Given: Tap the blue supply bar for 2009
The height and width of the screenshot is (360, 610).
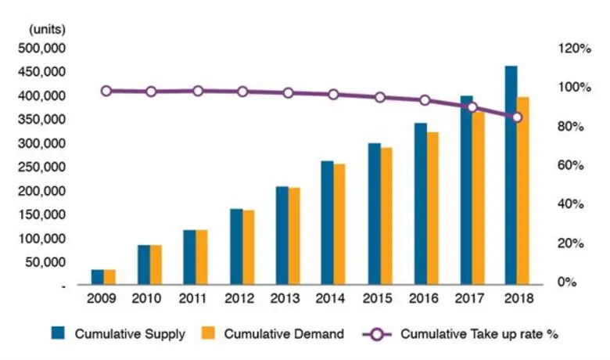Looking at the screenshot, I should [98, 277].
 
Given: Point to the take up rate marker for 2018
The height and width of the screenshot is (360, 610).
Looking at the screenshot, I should [516, 117].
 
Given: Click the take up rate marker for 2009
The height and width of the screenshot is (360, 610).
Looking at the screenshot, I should [106, 91].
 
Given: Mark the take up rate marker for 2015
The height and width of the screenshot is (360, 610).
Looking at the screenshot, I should [380, 97].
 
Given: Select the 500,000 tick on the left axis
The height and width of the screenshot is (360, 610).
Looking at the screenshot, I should [47, 49].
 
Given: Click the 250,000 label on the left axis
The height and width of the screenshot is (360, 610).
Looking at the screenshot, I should [47, 167].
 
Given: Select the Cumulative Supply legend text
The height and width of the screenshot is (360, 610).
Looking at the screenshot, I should [130, 334].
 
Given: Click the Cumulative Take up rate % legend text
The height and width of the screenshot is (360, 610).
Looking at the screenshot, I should [479, 334].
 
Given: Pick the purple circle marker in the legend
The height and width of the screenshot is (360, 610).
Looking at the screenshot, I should [379, 333].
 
